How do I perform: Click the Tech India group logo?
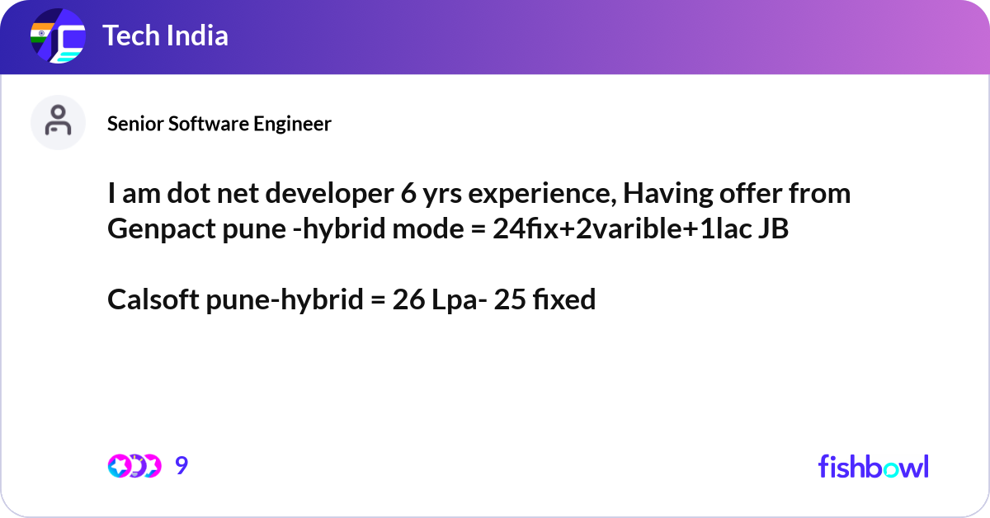click(58, 35)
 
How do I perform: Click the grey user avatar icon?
click(58, 122)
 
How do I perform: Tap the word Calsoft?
click(153, 299)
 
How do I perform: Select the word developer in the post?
click(329, 195)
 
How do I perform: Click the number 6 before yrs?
click(408, 194)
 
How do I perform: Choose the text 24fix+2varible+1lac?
click(622, 229)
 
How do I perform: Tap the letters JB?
click(774, 229)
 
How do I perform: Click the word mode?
click(428, 229)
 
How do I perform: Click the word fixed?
click(564, 299)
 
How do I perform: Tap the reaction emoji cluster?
click(134, 466)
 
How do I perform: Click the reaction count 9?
click(181, 465)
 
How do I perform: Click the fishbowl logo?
click(874, 466)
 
